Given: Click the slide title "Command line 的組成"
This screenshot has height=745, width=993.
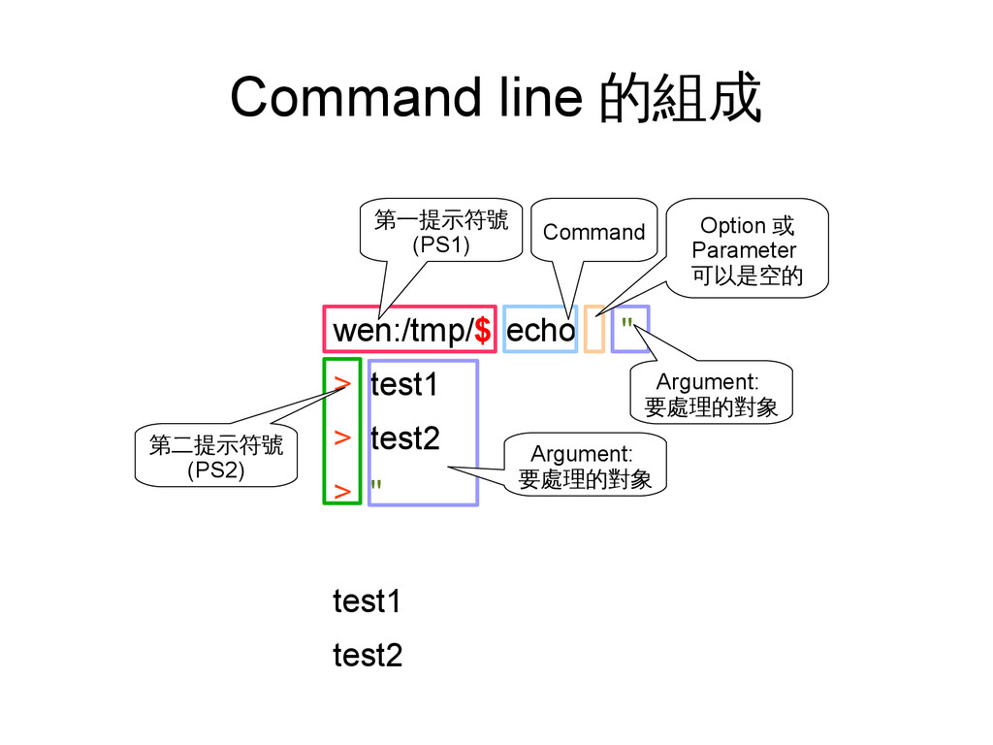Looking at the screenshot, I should [x=496, y=99].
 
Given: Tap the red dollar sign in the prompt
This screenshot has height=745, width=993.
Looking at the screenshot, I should [x=482, y=332].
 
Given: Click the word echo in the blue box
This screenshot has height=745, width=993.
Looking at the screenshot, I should [x=540, y=332].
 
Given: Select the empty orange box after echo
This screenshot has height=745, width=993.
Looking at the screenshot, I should [x=594, y=330].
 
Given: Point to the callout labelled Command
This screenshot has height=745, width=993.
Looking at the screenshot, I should [x=593, y=232].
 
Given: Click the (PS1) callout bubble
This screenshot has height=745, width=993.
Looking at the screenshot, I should [x=441, y=232].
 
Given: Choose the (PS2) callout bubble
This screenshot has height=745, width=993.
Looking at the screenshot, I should [x=215, y=458].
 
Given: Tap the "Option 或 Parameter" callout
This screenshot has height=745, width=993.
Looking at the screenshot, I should [x=747, y=250].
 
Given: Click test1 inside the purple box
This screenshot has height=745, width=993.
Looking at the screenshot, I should [x=404, y=386].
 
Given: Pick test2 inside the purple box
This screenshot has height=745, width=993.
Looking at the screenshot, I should [x=404, y=439].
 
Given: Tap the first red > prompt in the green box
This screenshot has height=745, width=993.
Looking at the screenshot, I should [x=341, y=383].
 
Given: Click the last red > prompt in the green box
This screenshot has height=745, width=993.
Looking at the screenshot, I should [x=341, y=491].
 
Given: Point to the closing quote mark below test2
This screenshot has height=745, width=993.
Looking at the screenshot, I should [x=375, y=485].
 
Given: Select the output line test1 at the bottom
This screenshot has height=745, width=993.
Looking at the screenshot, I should [x=367, y=602].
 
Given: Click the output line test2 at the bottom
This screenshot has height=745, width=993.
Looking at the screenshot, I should [x=367, y=656].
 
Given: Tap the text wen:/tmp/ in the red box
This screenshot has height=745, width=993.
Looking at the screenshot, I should [x=401, y=332].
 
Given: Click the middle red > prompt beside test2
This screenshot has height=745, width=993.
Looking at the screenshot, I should [x=341, y=437].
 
